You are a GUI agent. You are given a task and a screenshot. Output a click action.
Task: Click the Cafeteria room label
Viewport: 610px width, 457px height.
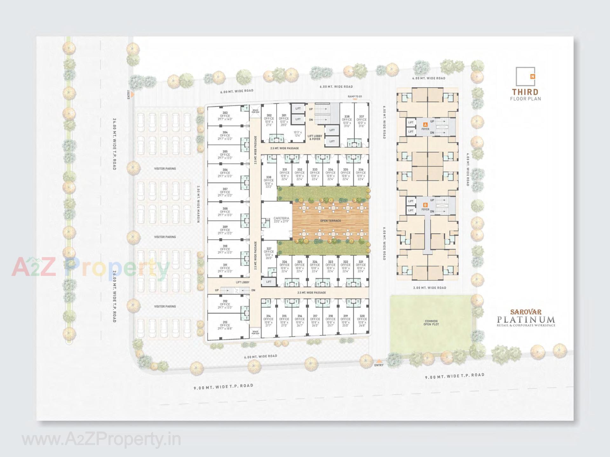click(x=281, y=220)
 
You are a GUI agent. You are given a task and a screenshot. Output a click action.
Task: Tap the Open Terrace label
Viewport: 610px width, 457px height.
click(x=330, y=221)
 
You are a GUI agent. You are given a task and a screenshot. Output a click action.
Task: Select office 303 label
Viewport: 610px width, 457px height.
click(x=225, y=116)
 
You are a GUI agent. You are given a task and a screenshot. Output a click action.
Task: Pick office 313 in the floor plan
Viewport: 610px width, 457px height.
click(x=225, y=325)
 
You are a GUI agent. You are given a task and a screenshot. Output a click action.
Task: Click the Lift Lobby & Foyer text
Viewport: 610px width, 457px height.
click(x=315, y=137)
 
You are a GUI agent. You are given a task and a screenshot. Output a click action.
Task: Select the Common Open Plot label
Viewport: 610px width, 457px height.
click(x=431, y=323)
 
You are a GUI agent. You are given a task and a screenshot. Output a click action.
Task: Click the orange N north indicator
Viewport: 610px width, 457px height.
click(x=532, y=76)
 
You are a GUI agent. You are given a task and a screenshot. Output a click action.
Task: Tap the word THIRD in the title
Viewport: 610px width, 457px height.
click(x=525, y=92)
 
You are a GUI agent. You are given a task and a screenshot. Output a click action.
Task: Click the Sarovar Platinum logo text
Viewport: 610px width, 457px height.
click(x=526, y=318)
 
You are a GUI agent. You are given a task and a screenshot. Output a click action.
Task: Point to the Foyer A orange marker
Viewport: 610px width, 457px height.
click(x=425, y=125)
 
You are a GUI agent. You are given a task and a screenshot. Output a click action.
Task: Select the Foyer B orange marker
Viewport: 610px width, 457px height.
click(x=425, y=205)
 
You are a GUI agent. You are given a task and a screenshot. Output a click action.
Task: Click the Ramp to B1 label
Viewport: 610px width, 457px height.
click(x=355, y=96)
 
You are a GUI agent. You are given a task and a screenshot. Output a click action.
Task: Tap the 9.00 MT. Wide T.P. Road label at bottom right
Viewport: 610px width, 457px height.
click(x=455, y=376)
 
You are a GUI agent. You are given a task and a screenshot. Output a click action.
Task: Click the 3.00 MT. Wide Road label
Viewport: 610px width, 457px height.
click(x=430, y=288)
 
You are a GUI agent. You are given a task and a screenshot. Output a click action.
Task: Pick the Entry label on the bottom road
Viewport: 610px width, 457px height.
click(x=379, y=365)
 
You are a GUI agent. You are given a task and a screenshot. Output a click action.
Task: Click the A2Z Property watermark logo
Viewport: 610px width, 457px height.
click(x=91, y=267)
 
